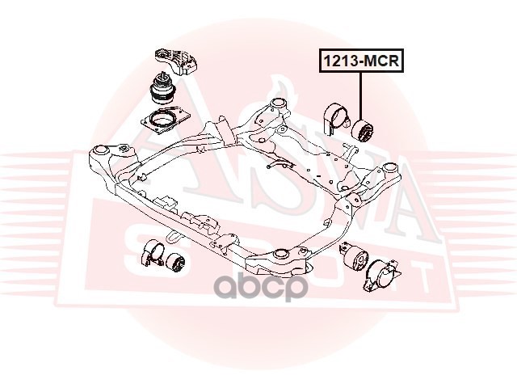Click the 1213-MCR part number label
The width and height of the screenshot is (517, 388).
362,61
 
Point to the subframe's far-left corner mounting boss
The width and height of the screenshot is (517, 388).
101,151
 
